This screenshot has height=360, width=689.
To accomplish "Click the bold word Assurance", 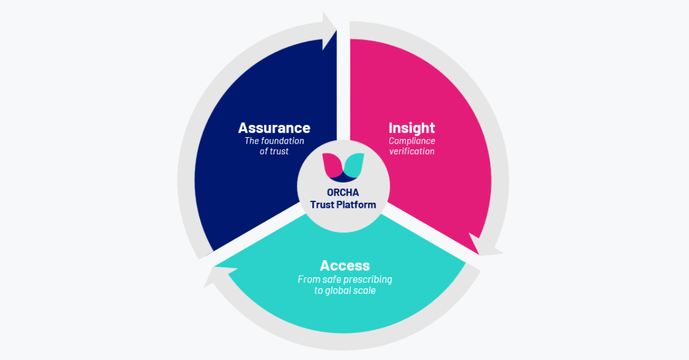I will point(274,128).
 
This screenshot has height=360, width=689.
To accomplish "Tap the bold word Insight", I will point(412,128).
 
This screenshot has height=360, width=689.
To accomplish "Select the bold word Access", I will point(344,266).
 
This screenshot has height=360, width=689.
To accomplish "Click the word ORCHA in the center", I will point(343,193).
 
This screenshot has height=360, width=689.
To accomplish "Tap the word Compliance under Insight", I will point(412,141).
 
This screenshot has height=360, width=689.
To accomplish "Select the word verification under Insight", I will point(412,152).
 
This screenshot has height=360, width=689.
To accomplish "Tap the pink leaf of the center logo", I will point(332,165).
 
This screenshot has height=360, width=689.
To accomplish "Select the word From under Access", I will point(308,280).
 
